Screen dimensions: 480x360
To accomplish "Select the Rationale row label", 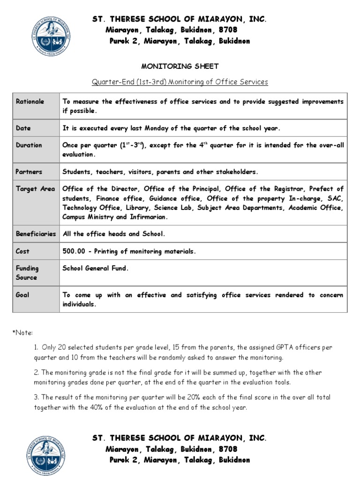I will point(30,102).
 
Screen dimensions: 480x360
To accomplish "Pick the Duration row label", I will point(29,145).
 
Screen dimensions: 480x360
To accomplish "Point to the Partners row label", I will point(29,172).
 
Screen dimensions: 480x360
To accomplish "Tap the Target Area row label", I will point(35,189).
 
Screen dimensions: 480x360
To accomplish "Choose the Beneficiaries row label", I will point(36,233).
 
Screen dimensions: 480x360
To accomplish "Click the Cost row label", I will point(22,251).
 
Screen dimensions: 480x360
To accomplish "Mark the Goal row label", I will point(22,295).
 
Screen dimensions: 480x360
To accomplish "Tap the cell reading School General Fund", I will point(95,269).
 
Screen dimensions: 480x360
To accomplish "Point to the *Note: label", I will point(22,332).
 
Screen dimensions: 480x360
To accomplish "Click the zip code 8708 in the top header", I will point(228,30).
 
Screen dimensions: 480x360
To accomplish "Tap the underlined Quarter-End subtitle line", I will point(180,82).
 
